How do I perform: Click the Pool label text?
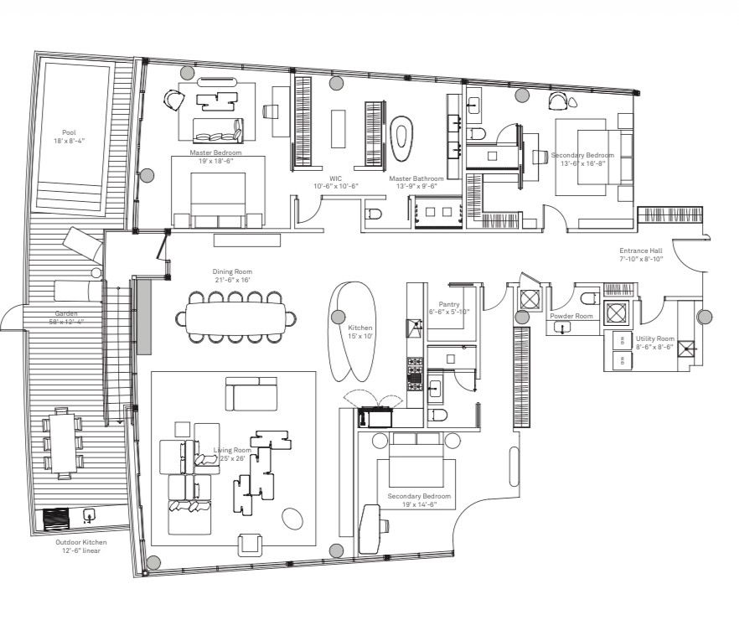click(69, 136)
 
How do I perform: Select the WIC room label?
click(335, 182)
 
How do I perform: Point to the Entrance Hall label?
click(641, 255)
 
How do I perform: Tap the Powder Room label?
click(571, 316)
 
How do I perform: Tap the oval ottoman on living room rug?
click(292, 519)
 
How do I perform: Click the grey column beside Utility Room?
click(705, 317)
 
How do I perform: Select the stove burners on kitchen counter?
click(414, 372)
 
